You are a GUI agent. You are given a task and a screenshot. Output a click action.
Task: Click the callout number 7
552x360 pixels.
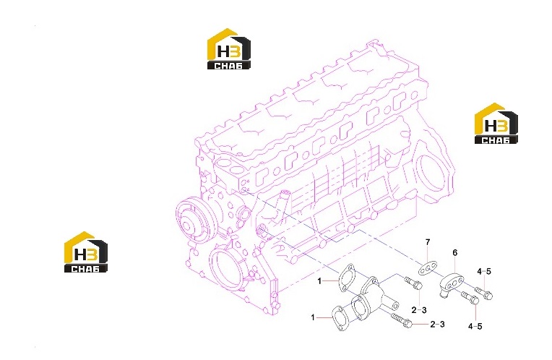[428, 242]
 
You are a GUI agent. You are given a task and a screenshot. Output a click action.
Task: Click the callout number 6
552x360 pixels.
[455, 252]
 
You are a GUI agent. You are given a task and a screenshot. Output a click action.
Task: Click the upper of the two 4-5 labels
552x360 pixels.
[484, 272]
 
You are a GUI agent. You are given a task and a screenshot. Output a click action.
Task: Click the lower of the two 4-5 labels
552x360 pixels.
[475, 327]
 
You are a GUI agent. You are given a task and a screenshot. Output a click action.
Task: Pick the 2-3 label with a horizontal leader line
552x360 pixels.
[437, 324]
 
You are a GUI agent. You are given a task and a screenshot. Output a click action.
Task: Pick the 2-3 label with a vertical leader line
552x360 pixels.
[419, 310]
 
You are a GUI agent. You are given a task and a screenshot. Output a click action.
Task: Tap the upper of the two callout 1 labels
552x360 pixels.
[319, 281]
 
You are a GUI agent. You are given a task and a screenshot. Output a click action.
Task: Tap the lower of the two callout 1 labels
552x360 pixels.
[313, 318]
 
